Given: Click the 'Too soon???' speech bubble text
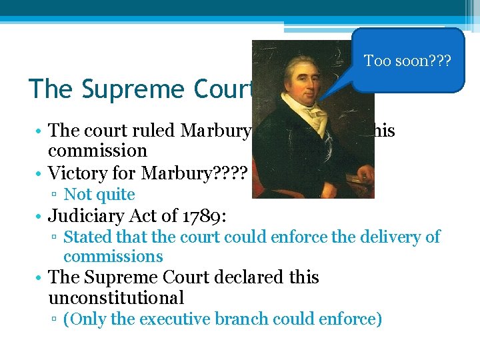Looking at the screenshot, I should click(x=407, y=61).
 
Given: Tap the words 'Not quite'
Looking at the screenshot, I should click(x=99, y=195).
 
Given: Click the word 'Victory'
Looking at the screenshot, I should click(x=79, y=173).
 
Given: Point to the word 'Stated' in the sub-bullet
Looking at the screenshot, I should click(x=87, y=237).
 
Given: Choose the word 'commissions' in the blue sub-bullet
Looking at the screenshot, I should click(x=113, y=257).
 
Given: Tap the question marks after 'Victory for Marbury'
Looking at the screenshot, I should click(x=230, y=173).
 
